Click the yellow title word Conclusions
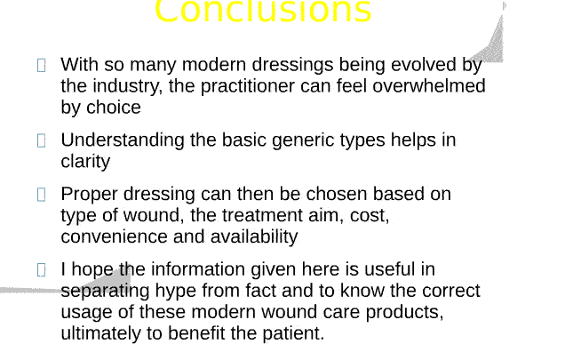(x=262, y=12)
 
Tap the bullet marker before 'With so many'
(x=42, y=65)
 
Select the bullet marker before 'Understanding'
(x=42, y=140)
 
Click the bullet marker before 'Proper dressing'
(x=42, y=195)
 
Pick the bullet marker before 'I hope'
(x=42, y=270)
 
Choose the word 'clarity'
(x=85, y=162)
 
